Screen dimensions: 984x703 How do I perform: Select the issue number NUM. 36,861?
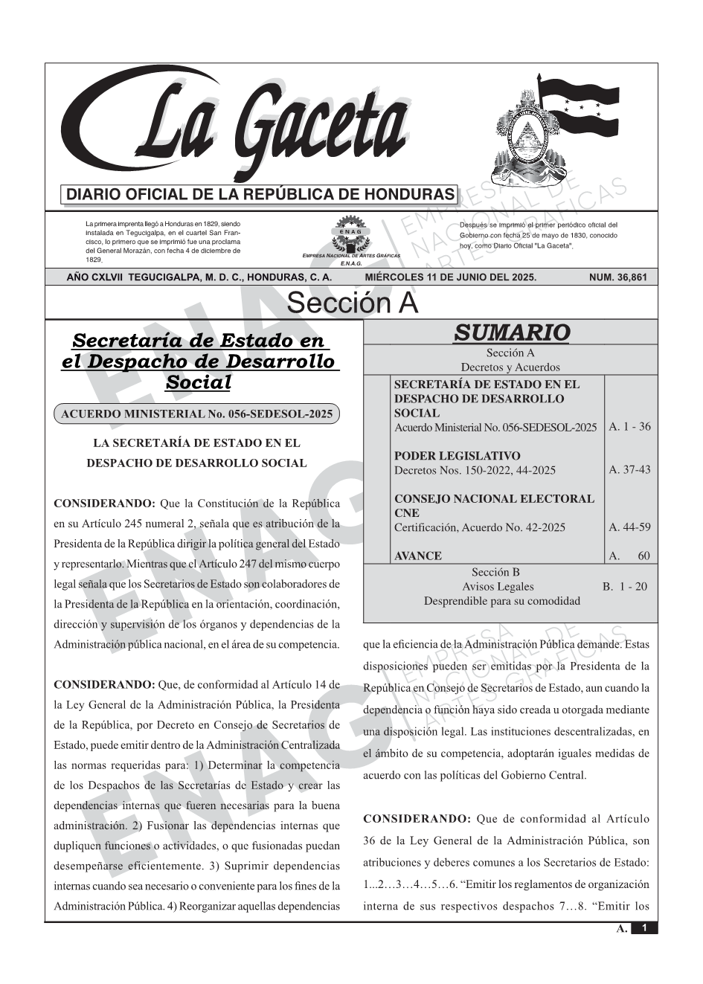click(617, 277)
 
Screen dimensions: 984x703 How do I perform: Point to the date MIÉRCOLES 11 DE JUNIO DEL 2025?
click(450, 277)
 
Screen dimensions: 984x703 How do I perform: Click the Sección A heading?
click(352, 303)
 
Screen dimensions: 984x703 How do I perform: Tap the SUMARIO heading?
click(511, 332)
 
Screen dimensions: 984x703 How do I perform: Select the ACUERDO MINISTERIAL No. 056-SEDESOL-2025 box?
click(196, 414)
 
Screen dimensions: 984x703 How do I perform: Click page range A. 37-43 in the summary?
click(629, 469)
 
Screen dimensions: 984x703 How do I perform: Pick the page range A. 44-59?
click(629, 527)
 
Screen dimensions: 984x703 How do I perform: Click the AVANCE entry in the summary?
click(418, 556)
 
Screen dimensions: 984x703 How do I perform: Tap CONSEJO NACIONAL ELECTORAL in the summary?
click(494, 499)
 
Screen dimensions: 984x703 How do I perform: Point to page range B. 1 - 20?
click(625, 586)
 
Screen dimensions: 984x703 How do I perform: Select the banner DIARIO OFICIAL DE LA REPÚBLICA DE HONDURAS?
click(260, 195)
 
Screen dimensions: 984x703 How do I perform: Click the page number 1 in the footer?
click(644, 928)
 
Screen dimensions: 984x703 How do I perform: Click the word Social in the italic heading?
click(198, 382)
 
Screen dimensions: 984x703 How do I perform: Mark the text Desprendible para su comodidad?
click(501, 600)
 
